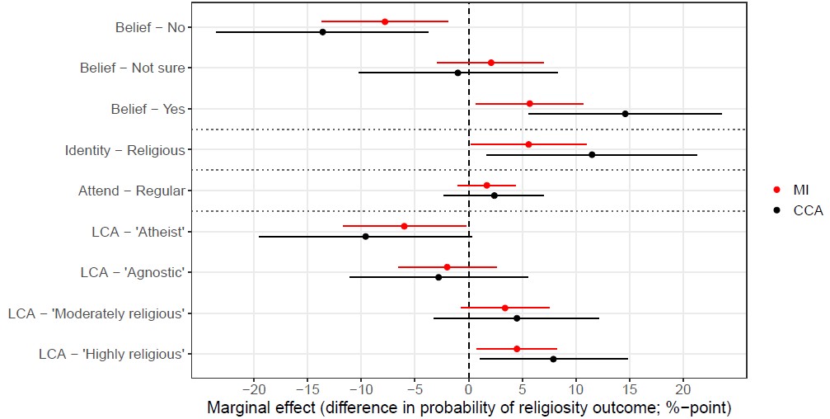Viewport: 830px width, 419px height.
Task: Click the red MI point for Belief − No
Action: click(385, 21)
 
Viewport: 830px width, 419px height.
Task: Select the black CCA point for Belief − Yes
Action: click(625, 114)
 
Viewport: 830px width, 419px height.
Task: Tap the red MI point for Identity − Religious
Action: click(528, 144)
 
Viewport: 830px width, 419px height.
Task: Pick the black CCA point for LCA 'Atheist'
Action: click(365, 237)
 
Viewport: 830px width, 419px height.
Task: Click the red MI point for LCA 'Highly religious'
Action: click(517, 349)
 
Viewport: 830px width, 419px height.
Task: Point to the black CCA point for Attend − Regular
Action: click(494, 195)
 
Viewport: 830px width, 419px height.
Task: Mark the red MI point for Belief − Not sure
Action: click(490, 63)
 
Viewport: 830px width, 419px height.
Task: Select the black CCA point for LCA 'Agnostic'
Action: click(438, 277)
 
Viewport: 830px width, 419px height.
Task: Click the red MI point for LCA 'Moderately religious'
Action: click(505, 308)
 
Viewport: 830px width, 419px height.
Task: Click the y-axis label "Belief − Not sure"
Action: click(132, 68)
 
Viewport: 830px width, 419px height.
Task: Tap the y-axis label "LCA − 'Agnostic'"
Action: click(132, 272)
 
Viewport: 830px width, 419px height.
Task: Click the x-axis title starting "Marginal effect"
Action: click(468, 407)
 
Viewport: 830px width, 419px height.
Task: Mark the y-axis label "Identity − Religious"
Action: click(124, 150)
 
